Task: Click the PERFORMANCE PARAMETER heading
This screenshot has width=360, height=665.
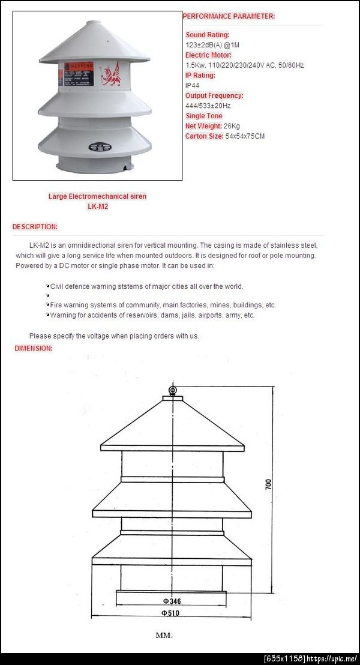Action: pyautogui.click(x=229, y=16)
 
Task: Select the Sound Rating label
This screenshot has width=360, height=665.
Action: pyautogui.click(x=207, y=35)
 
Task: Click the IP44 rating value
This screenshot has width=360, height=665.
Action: pyautogui.click(x=192, y=85)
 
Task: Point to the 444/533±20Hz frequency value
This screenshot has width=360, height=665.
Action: pyautogui.click(x=208, y=106)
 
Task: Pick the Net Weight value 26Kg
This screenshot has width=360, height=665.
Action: pyautogui.click(x=232, y=126)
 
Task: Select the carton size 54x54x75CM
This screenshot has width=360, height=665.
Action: pyautogui.click(x=245, y=136)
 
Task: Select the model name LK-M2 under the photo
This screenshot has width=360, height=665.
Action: pyautogui.click(x=97, y=206)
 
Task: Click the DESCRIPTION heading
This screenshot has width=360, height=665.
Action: pyautogui.click(x=35, y=227)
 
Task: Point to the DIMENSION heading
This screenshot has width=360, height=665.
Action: pyautogui.click(x=34, y=348)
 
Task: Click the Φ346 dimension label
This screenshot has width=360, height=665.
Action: pyautogui.click(x=172, y=601)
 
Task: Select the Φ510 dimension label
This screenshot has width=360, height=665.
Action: pyautogui.click(x=171, y=613)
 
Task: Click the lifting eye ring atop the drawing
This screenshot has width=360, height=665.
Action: pyautogui.click(x=173, y=391)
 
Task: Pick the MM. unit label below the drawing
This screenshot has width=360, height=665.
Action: pyautogui.click(x=164, y=635)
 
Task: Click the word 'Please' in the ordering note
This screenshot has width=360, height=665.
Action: pyautogui.click(x=40, y=336)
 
